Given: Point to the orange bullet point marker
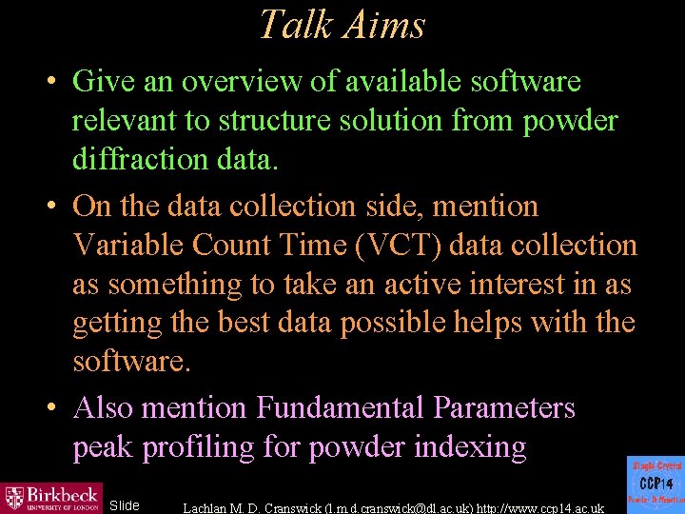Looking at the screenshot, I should click(54, 207).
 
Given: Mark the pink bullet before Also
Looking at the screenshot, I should click(54, 408).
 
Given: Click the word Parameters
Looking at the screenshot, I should click(504, 408).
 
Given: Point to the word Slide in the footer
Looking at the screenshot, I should click(125, 505).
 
